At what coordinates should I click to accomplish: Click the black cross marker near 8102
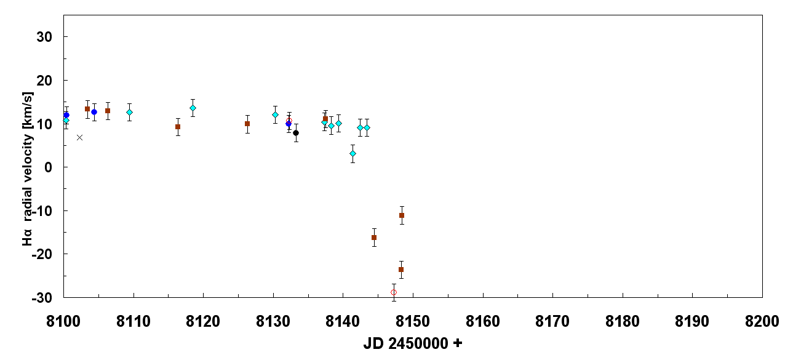[x=79, y=137]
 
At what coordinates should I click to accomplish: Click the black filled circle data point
[x=296, y=133]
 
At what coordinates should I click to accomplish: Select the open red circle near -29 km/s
[x=394, y=292]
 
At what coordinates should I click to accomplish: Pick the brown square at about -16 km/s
[x=374, y=238]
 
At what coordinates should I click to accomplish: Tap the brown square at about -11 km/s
[x=402, y=215]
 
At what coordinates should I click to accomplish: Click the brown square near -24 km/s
[x=401, y=270]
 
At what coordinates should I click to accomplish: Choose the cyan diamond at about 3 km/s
[x=353, y=153]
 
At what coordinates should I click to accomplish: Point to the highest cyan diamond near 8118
[x=193, y=108]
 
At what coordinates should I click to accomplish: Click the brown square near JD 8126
[x=247, y=124]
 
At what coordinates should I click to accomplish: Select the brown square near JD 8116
[x=178, y=127]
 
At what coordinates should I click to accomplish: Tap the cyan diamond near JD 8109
[x=129, y=112]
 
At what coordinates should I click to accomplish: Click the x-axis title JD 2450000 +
[x=413, y=343]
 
